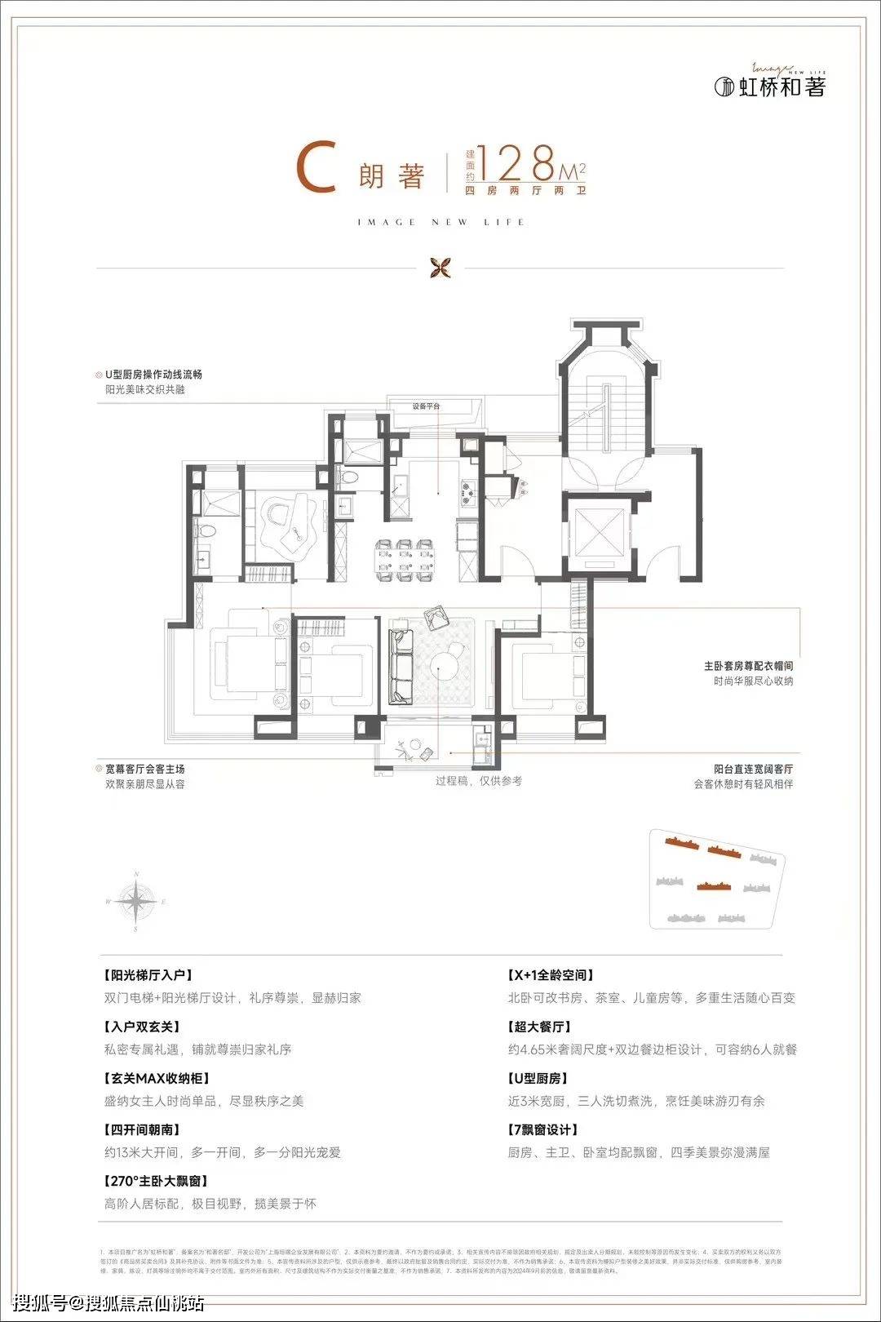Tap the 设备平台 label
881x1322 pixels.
point(427,406)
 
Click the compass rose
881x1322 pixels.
point(136,901)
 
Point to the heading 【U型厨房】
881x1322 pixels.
point(538,1078)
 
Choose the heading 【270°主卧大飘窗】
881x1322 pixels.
point(156,1181)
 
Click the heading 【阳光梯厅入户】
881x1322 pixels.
point(148,975)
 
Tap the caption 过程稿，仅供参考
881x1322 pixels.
point(479,781)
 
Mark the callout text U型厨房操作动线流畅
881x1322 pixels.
point(153,375)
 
